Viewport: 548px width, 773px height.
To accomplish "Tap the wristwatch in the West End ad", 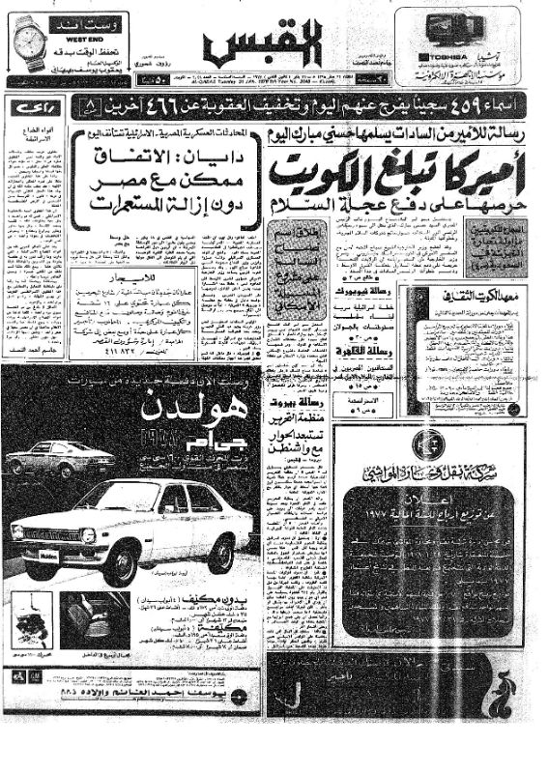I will (x=32, y=43).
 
